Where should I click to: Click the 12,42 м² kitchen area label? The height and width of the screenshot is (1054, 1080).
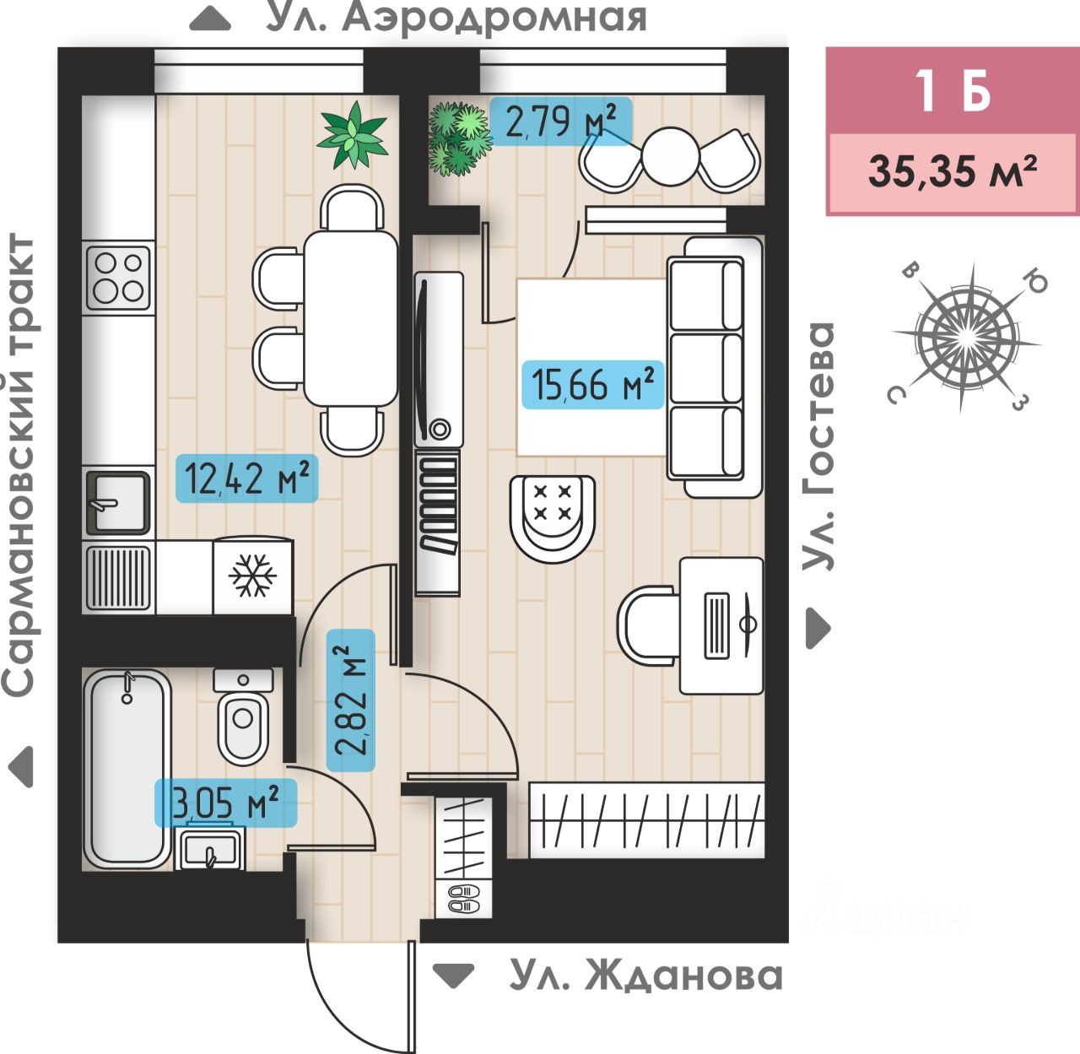tap(247, 478)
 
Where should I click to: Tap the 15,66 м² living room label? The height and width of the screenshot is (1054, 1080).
tap(592, 385)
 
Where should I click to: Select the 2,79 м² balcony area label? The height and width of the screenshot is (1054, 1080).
tap(560, 121)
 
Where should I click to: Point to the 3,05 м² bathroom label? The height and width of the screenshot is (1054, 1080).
tap(225, 803)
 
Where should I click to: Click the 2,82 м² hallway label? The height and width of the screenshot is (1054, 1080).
tap(351, 700)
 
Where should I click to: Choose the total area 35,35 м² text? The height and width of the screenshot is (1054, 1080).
tap(953, 171)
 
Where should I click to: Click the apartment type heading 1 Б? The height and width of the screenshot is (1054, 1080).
tap(953, 91)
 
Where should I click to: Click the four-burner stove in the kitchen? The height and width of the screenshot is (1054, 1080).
tap(118, 278)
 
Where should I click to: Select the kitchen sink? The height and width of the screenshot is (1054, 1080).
tap(117, 503)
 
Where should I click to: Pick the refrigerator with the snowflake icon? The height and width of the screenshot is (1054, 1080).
tap(253, 575)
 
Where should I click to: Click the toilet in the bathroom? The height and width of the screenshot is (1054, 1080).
tap(243, 716)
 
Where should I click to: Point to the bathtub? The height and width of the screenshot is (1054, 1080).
tap(127, 768)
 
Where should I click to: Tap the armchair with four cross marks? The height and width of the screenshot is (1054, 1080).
tap(553, 518)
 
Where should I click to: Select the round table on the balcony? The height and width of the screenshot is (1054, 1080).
tap(671, 157)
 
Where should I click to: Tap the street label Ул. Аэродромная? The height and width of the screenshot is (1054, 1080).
tap(456, 19)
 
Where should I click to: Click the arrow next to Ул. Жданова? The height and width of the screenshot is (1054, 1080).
tap(454, 976)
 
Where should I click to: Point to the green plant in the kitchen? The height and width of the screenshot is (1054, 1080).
tap(352, 135)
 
